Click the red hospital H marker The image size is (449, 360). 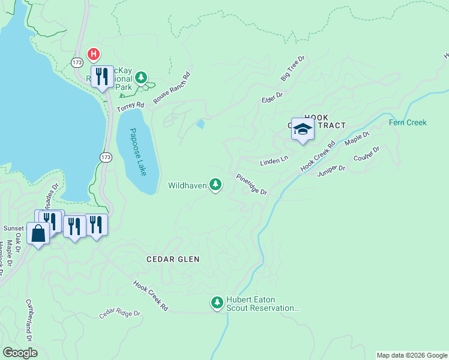tap(94, 55)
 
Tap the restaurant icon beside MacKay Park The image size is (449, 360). tap(102, 76)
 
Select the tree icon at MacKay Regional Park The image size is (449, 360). tap(141, 77)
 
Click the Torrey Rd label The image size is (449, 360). tap(131, 106)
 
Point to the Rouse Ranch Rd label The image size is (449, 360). tap(171, 88)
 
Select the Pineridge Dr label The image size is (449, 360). tap(251, 184)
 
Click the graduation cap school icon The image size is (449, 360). tap(303, 129)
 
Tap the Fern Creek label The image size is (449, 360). tap(408, 122)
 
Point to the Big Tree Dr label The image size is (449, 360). tap(294, 69)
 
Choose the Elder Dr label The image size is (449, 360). tap(271, 95)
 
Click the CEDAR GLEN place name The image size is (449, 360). tap(173, 259)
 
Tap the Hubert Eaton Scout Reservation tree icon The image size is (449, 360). tap(217, 301)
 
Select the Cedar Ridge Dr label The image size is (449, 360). tap(119, 314)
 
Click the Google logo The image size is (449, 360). tap(20, 353)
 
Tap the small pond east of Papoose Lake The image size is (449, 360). tap(200, 124)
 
